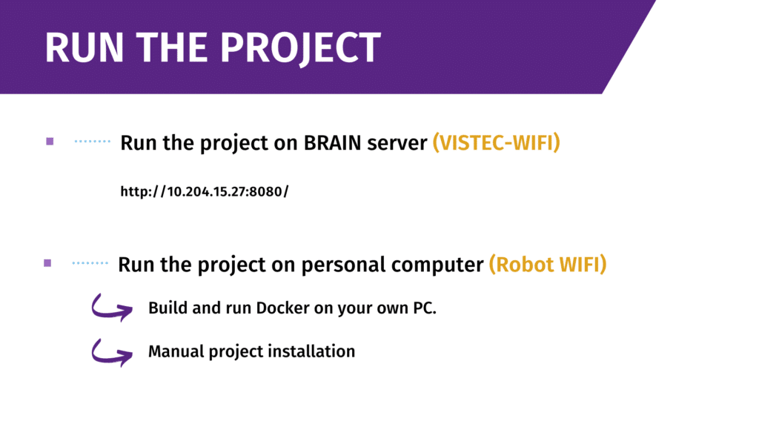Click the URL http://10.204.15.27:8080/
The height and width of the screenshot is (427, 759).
[204, 192]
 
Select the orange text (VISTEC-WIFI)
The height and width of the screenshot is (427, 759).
[496, 142]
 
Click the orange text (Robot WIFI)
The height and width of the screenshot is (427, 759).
[547, 264]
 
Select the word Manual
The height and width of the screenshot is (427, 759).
[174, 351]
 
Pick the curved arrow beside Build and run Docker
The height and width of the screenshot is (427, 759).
[111, 307]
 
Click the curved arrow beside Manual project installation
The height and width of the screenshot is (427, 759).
[111, 351]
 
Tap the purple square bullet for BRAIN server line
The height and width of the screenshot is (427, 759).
[50, 141]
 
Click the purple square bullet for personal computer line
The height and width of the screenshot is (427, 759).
[47, 262]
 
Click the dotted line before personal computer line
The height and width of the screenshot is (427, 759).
[90, 262]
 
